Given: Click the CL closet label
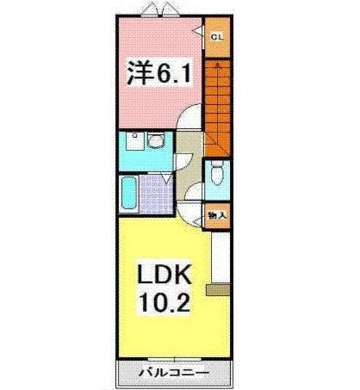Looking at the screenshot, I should (217, 36).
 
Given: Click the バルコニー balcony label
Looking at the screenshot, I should (173, 375).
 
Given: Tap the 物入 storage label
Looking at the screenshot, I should (216, 215).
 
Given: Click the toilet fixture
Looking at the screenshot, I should (217, 174).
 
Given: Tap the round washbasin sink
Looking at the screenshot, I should (157, 140).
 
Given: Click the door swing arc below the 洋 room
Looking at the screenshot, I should (191, 121).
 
